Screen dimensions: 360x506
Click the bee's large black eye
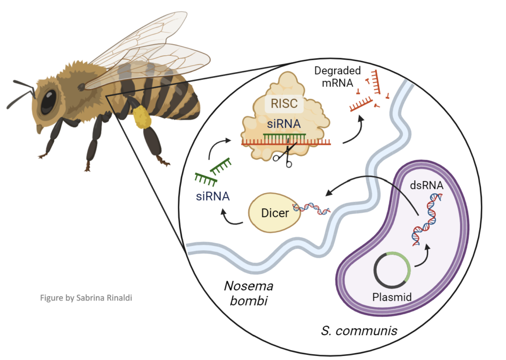pos(48,100)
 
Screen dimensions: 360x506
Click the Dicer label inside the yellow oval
pos(275,214)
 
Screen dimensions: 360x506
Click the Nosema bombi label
pos(249,293)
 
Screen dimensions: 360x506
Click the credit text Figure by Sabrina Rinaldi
pos(87,298)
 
